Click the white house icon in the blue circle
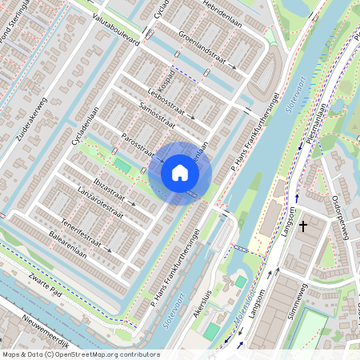[180, 173]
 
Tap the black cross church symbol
[303, 226]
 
